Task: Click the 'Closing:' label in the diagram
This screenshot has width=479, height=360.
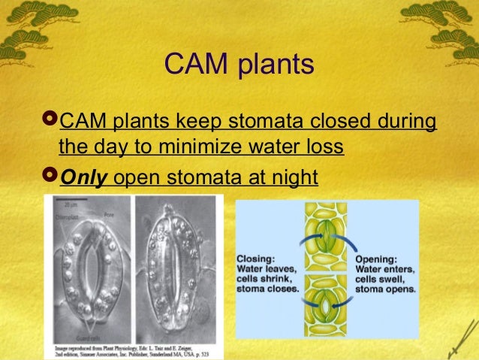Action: pos(256,256)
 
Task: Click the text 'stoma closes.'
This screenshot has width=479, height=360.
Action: pos(267,287)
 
